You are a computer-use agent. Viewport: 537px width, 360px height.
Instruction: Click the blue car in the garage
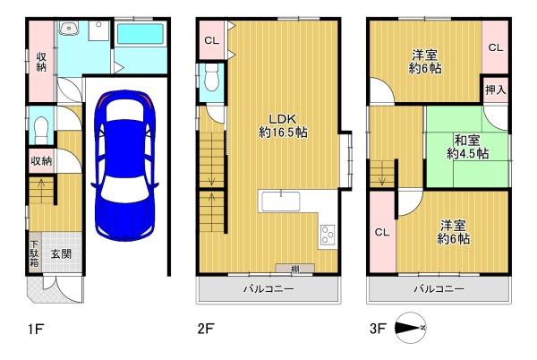pyautogui.click(x=124, y=165)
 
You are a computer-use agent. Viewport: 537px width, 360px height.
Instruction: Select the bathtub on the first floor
pyautogui.click(x=141, y=33)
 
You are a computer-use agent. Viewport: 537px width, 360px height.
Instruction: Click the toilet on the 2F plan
pyautogui.click(x=211, y=78)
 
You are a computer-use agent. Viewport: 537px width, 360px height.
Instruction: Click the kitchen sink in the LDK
pyautogui.click(x=281, y=201)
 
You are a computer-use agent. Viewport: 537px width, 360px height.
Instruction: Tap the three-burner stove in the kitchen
pyautogui.click(x=328, y=235)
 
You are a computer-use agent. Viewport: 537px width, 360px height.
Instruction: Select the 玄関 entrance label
pyautogui.click(x=61, y=253)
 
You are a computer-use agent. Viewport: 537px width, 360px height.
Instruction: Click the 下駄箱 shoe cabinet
pyautogui.click(x=35, y=253)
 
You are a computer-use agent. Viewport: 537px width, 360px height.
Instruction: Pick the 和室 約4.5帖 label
pyautogui.click(x=467, y=147)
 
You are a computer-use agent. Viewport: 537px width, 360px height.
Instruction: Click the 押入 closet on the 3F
pyautogui.click(x=495, y=90)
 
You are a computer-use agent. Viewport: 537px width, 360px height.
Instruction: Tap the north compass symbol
pyautogui.click(x=410, y=328)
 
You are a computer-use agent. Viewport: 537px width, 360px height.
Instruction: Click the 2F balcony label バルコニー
pyautogui.click(x=268, y=289)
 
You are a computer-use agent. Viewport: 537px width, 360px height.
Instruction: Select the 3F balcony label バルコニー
pyautogui.click(x=439, y=289)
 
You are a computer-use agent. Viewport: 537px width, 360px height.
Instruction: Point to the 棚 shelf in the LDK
pyautogui.click(x=294, y=269)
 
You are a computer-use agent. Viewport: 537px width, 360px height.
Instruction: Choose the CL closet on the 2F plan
pyautogui.click(x=211, y=40)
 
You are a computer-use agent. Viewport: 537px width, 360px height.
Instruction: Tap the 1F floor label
pyautogui.click(x=36, y=330)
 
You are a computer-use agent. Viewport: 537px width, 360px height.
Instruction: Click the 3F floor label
pyautogui.click(x=378, y=329)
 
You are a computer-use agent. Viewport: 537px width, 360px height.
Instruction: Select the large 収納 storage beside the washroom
pyautogui.click(x=41, y=62)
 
